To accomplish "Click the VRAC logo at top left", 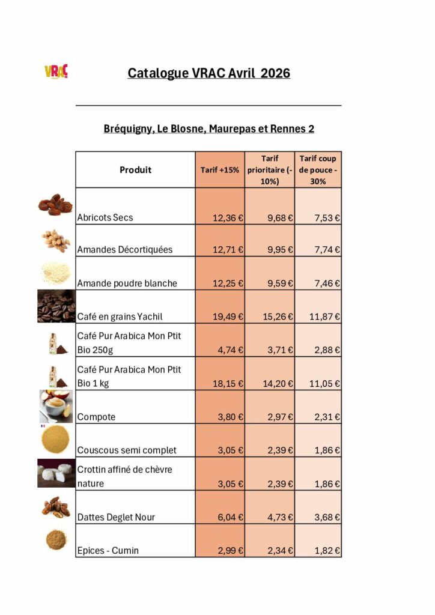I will click(56, 71).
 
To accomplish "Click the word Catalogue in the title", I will click(157, 73).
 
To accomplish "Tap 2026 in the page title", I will click(275, 73).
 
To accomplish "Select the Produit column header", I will click(135, 170).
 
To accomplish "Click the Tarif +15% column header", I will click(220, 170).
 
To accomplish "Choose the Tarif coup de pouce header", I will click(318, 170).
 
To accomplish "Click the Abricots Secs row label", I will click(105, 217).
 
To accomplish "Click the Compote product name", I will click(96, 417).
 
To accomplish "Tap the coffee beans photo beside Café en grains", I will click(56, 307).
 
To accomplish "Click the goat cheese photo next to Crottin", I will click(56, 473).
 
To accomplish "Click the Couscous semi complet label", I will click(127, 450).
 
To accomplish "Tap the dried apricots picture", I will click(55, 204).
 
